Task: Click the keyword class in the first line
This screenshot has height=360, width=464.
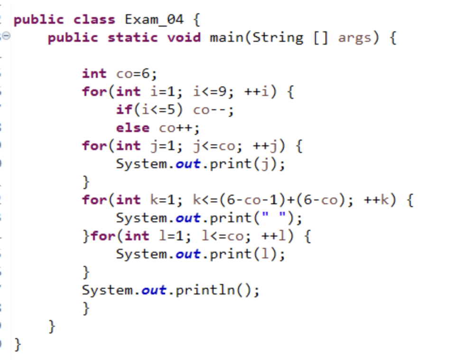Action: tap(94, 20)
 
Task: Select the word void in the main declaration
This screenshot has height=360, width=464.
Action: tap(184, 38)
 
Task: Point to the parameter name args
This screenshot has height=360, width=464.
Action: tap(354, 38)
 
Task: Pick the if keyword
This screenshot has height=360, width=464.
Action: tap(124, 110)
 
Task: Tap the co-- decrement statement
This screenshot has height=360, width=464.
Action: tap(213, 110)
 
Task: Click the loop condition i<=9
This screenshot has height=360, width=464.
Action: tap(212, 92)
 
